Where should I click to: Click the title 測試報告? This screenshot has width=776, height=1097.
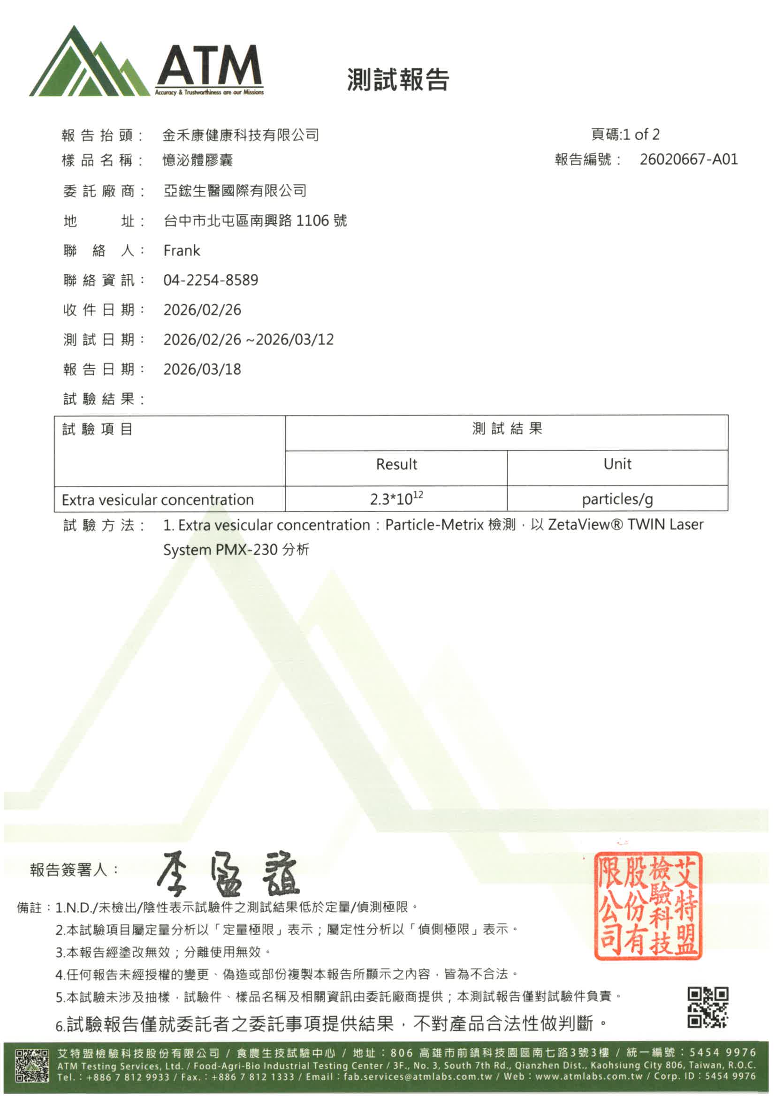398,79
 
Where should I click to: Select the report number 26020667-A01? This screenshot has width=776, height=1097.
689,159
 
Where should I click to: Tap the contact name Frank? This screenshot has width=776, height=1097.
182,250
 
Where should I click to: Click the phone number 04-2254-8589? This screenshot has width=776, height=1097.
211,280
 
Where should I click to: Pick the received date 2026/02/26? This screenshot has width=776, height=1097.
202,310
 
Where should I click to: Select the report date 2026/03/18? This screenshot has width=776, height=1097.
202,369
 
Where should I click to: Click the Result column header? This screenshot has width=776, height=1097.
396,464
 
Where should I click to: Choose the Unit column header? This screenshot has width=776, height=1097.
617,464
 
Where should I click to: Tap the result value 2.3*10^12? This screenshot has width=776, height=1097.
396,499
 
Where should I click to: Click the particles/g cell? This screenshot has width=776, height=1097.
617,499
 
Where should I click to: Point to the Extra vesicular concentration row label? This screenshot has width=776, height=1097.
158,500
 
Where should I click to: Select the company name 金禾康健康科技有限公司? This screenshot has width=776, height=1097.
240,136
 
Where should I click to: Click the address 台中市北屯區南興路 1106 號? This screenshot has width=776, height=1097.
255,221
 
